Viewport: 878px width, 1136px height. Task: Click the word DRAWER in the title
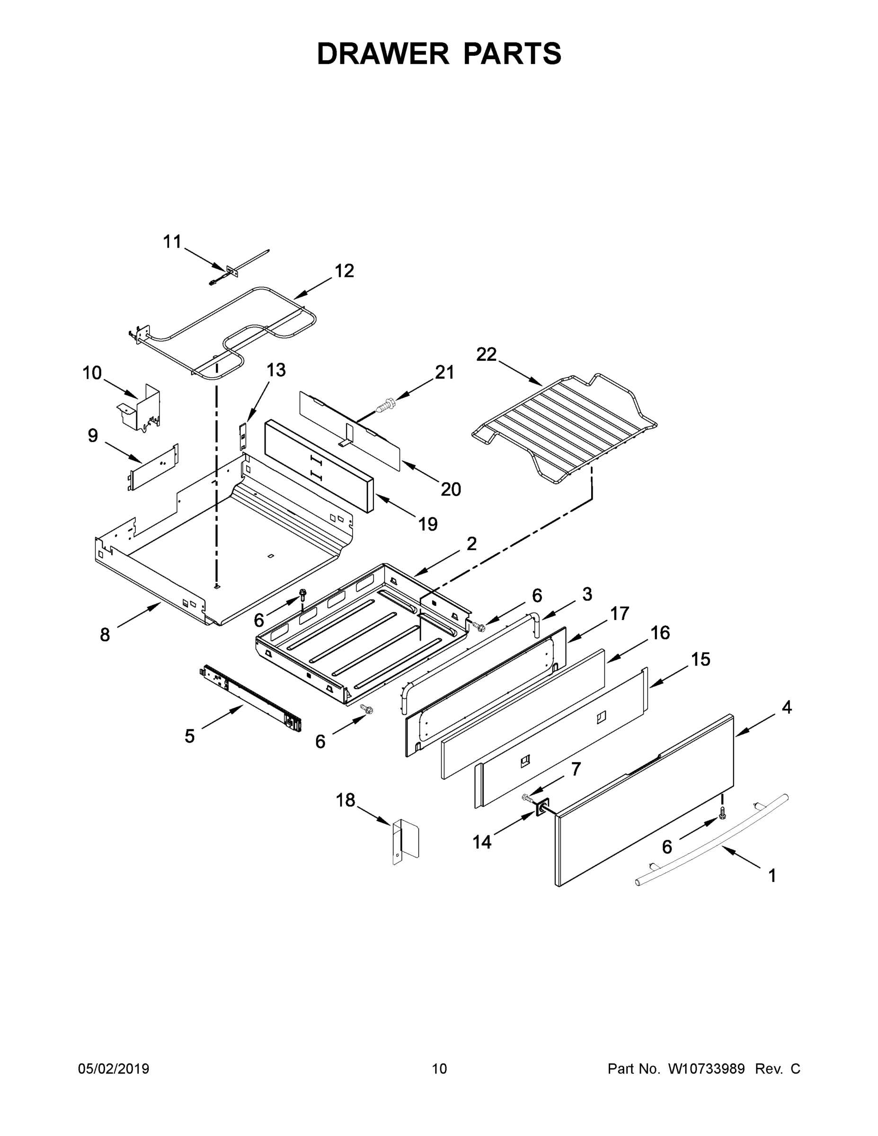tap(383, 53)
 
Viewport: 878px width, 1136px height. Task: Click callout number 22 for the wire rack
tap(487, 355)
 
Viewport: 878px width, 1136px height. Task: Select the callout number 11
tap(172, 242)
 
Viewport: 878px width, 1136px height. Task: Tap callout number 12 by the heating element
tap(344, 271)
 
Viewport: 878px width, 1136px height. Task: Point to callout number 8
tap(105, 635)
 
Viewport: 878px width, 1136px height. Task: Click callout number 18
tap(346, 800)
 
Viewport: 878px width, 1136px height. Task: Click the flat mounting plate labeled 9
tap(153, 467)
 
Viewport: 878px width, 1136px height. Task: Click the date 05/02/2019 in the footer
tap(114, 1069)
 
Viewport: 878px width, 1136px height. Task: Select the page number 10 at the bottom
tap(439, 1069)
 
